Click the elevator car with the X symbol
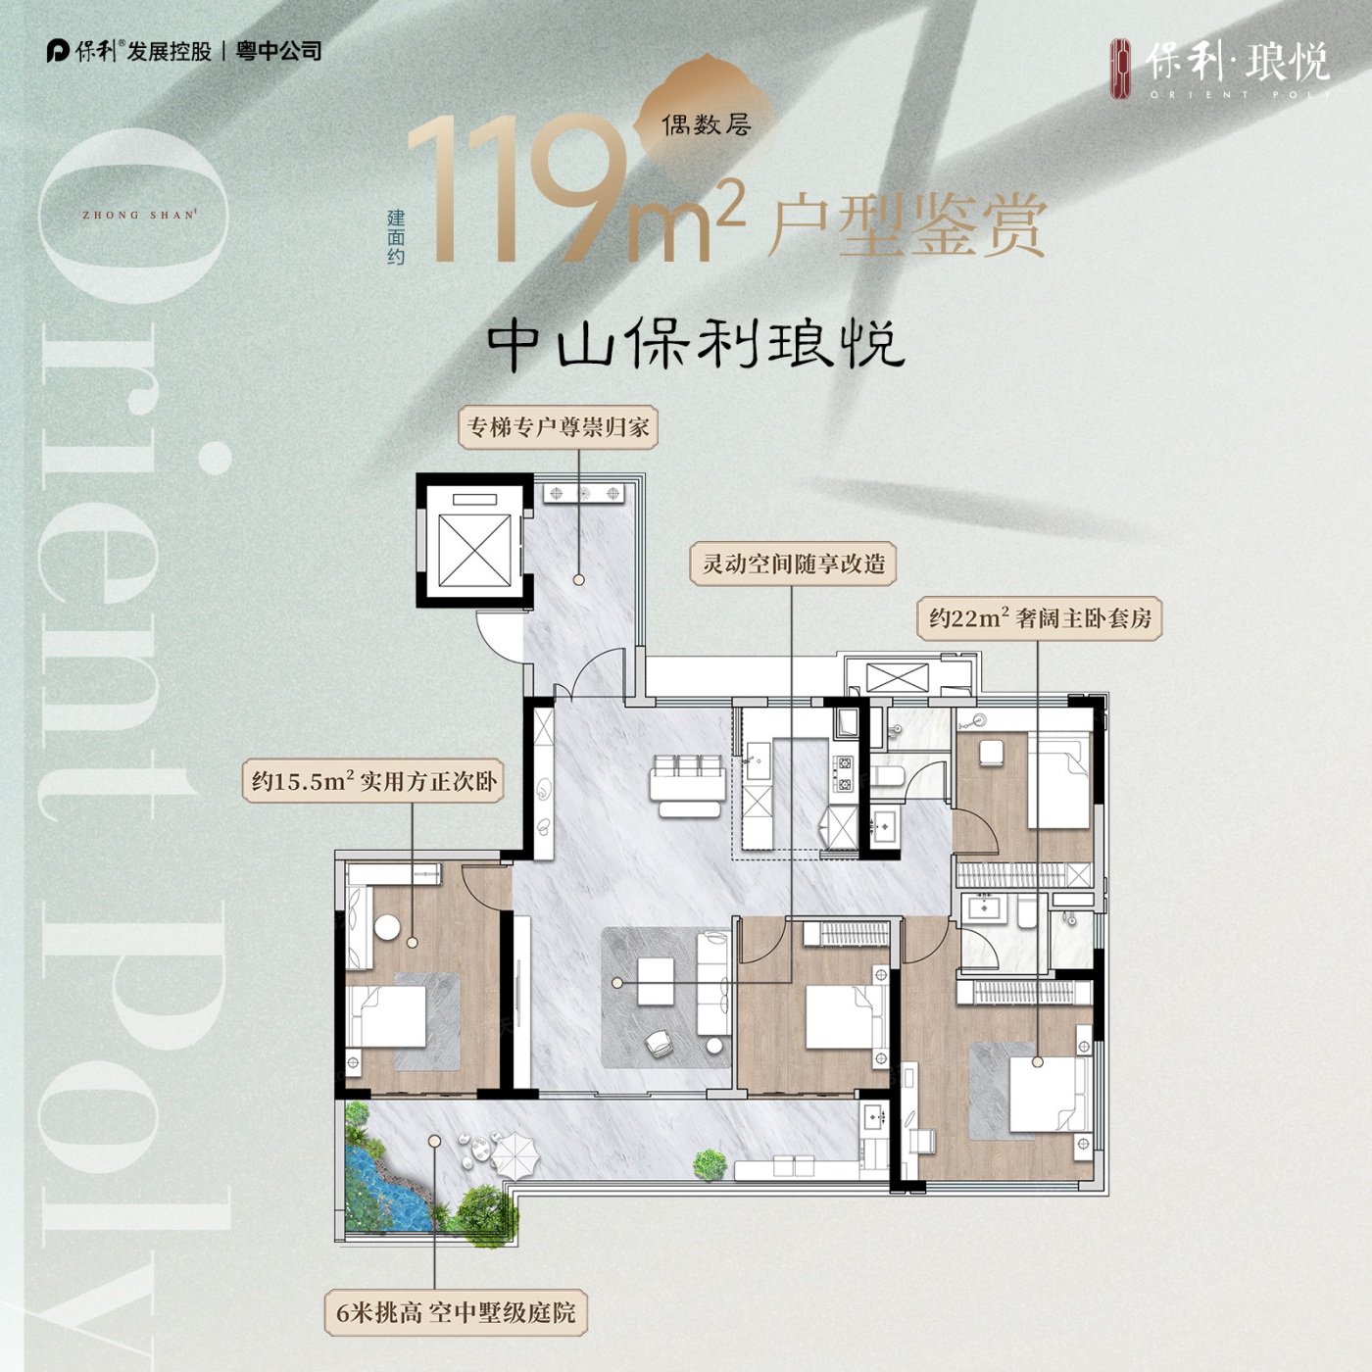[x=474, y=551]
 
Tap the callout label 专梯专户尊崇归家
[x=558, y=427]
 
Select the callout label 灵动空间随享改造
[x=793, y=563]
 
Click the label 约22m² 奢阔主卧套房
[x=1040, y=618]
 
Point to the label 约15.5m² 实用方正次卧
[x=373, y=781]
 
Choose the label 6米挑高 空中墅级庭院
[x=456, y=1312]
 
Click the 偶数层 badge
[x=707, y=125]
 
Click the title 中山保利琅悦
[x=696, y=345]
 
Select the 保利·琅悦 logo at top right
[x=1220, y=69]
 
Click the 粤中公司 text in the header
[x=278, y=51]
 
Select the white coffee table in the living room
[x=656, y=981]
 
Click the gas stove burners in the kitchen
[x=845, y=774]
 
